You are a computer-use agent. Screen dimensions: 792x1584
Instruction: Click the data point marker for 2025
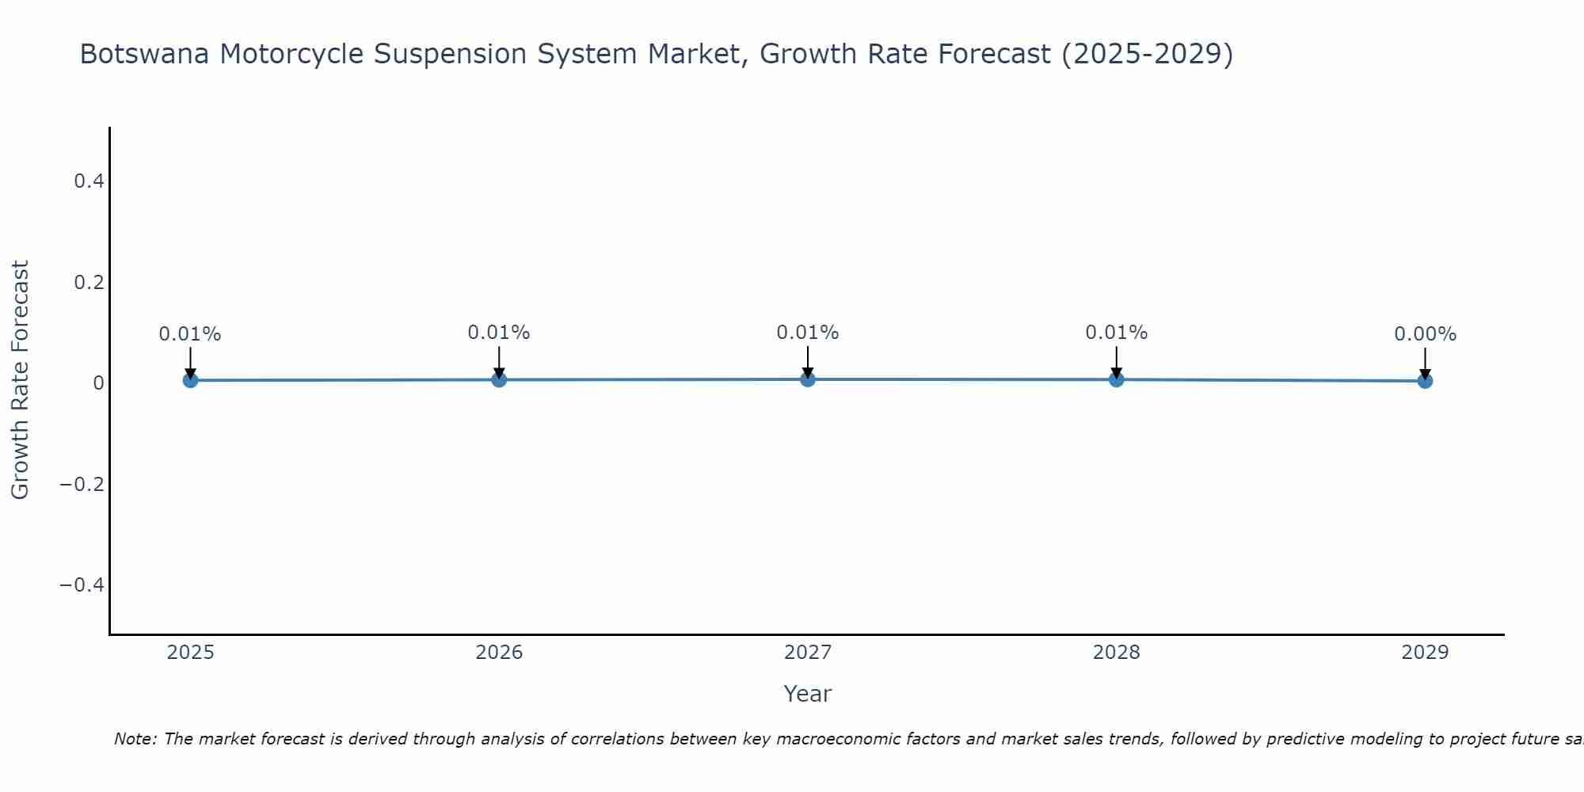[190, 380]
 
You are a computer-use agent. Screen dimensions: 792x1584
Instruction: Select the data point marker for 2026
[499, 379]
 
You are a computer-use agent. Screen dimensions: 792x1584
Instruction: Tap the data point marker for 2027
[808, 379]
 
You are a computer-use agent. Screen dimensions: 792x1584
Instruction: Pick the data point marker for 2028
[1116, 379]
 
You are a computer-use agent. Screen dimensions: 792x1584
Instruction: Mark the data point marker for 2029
[1425, 381]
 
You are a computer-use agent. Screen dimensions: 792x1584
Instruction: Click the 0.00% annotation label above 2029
[1425, 334]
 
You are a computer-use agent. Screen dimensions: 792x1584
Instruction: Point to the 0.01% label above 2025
[190, 334]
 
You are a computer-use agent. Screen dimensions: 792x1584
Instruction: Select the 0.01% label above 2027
[808, 333]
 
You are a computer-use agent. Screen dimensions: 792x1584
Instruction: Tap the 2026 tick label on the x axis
[499, 653]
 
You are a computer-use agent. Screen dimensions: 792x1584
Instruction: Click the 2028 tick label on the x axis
[1116, 653]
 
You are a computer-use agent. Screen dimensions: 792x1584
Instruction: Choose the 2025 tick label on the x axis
[191, 653]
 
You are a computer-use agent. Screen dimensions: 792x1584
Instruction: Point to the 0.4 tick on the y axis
[89, 181]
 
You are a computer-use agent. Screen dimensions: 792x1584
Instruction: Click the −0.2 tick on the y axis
[82, 484]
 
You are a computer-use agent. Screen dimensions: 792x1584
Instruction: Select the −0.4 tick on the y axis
[82, 584]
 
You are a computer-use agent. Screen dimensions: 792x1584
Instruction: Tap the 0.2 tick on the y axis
[89, 282]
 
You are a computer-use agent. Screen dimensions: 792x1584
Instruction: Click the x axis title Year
[807, 694]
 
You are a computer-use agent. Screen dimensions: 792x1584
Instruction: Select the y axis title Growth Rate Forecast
[20, 380]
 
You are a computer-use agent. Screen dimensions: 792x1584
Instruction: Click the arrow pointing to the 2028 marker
[1116, 363]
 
